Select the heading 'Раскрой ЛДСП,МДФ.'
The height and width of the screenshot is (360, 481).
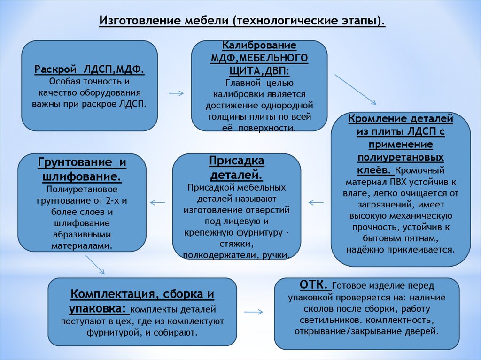click(x=89, y=69)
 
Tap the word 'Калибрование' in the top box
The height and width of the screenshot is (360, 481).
click(x=259, y=46)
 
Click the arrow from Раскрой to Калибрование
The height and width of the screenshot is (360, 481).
click(x=176, y=93)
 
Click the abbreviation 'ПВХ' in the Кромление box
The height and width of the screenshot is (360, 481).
click(x=399, y=182)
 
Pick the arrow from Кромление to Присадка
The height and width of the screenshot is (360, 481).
click(x=316, y=202)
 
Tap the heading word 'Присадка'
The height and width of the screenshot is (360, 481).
click(x=237, y=161)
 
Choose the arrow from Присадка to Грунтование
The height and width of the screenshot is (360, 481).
click(x=157, y=202)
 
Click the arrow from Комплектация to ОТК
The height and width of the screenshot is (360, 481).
click(x=254, y=312)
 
